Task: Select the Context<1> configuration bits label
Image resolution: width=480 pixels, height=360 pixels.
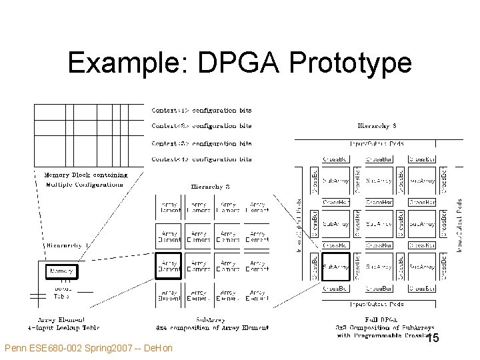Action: pyautogui.click(x=202, y=110)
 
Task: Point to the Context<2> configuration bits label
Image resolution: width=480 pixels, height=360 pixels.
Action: pyautogui.click(x=202, y=126)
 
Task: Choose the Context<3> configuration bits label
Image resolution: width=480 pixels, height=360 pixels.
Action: pyautogui.click(x=202, y=143)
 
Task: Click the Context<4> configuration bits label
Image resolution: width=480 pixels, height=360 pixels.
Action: pyautogui.click(x=202, y=159)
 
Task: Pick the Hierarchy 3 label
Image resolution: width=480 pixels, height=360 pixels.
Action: pyautogui.click(x=377, y=125)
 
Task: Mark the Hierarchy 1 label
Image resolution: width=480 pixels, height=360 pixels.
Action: pyautogui.click(x=64, y=245)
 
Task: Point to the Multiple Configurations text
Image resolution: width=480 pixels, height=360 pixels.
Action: pyautogui.click(x=84, y=184)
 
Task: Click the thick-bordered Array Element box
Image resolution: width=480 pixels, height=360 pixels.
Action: pyautogui.click(x=169, y=266)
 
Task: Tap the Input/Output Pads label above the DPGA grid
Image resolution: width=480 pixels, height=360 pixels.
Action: pyautogui.click(x=377, y=143)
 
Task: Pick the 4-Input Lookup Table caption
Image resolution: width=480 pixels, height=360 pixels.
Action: pyautogui.click(x=63, y=328)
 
